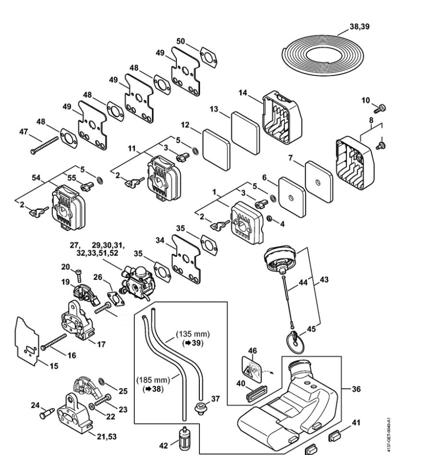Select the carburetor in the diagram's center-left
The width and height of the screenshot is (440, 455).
coord(138,280)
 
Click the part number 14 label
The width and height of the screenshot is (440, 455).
coord(243,93)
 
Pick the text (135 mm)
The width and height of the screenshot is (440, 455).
coord(193,334)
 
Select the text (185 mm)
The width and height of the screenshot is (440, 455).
coord(153,380)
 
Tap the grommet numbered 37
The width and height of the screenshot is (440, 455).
coord(199,407)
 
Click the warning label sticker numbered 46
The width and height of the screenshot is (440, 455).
coord(251,369)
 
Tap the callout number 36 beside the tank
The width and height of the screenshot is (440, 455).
coord(356,389)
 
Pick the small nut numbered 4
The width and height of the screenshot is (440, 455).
coord(269,218)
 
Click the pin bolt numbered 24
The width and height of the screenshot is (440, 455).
coord(47,413)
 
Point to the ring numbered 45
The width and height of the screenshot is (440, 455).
coord(295,343)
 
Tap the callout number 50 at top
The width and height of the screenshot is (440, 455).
coord(180,41)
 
